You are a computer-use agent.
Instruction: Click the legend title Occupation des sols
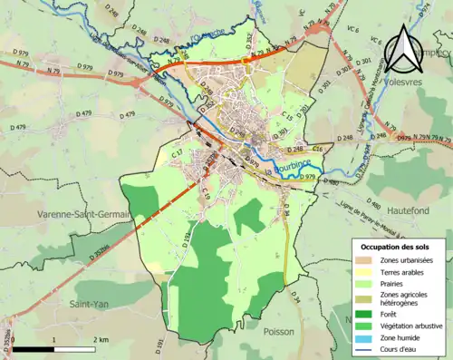397,246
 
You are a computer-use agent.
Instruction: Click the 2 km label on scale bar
101,339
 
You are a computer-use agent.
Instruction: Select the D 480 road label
330,182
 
